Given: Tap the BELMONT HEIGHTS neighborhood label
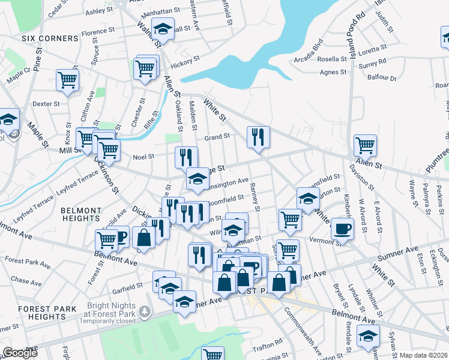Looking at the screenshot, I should [x=81, y=215].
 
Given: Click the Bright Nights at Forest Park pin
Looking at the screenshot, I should [x=144, y=311].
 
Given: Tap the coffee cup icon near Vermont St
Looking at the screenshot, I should [x=342, y=228].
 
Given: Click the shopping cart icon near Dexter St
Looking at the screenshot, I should [x=67, y=80].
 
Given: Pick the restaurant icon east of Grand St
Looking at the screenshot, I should [x=258, y=137].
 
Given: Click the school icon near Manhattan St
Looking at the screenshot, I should [x=162, y=28].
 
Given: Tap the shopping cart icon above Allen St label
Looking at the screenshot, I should [x=365, y=145].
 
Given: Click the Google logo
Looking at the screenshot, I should [x=19, y=353].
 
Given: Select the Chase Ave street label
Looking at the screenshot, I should [x=26, y=280].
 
